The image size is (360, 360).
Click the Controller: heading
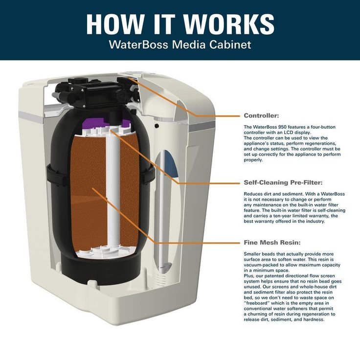261,116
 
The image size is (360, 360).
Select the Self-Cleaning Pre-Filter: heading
283,182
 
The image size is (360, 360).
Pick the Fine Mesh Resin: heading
272,242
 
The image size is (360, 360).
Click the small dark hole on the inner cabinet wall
157,126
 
